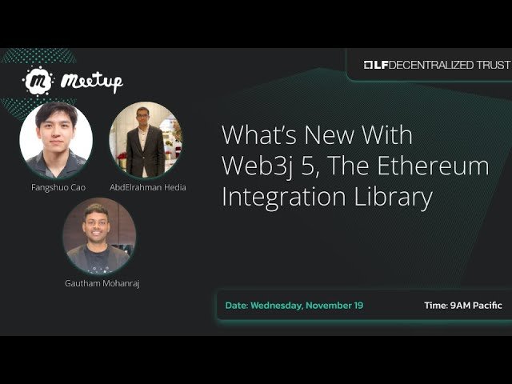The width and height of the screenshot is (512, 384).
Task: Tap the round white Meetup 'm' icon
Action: pos(38,81)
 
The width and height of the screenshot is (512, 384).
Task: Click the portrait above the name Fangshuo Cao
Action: pos(55,139)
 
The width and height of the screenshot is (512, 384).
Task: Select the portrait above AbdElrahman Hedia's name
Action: pos(146,139)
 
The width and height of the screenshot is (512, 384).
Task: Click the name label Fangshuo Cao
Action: pos(55,187)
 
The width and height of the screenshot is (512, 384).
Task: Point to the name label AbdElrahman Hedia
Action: pos(148,187)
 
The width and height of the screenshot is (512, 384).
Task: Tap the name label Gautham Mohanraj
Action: pos(102,283)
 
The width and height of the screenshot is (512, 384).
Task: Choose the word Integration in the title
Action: pos(283,197)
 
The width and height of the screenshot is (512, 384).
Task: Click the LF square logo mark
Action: pos(370,65)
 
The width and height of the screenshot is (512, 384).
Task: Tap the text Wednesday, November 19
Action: pos(306,306)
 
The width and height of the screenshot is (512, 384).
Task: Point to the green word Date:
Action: pos(237,306)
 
